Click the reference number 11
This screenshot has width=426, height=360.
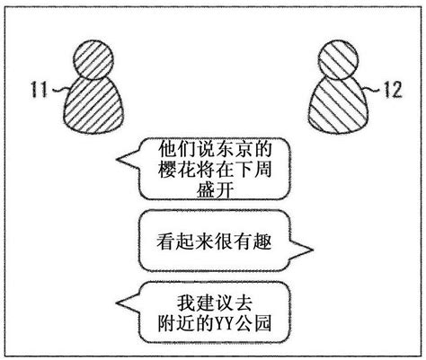[39, 89]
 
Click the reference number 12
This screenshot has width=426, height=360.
[393, 89]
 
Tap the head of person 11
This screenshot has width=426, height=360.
[93, 60]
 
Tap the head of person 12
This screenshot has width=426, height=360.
[338, 60]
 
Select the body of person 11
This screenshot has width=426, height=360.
[93, 105]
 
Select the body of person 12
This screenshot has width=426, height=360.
[338, 105]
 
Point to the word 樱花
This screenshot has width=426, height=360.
[177, 169]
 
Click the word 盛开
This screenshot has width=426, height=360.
[215, 189]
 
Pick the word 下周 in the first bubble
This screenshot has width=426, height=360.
[253, 169]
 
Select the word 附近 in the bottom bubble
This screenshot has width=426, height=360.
[177, 323]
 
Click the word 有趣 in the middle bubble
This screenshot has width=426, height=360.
[253, 241]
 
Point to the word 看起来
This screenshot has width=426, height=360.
[186, 241]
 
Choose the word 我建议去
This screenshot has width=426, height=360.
[215, 303]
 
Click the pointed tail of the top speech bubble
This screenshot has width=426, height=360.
[118, 160]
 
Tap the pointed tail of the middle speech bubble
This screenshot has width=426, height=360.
[312, 249]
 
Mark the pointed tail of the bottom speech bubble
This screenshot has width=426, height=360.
[118, 303]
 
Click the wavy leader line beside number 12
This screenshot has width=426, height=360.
[375, 89]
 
